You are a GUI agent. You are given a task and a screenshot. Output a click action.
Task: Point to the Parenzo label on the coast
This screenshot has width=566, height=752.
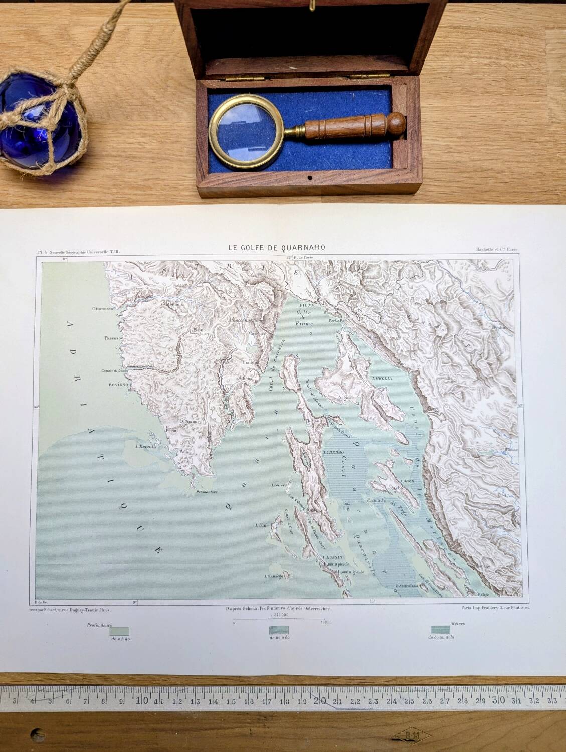[x=115, y=337]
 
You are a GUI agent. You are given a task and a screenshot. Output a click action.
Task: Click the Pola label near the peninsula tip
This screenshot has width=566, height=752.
[x=184, y=452]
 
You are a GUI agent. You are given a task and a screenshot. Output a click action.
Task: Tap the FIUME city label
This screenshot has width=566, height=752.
[x=306, y=305]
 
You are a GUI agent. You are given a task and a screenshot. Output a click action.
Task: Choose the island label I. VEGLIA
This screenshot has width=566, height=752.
[x=381, y=380]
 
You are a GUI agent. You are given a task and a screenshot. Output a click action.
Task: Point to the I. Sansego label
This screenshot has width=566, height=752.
[x=274, y=576]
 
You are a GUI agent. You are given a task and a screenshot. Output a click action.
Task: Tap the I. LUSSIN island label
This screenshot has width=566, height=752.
[x=332, y=557]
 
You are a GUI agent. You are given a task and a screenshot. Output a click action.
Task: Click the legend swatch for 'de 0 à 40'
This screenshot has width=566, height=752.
[x=120, y=632]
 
